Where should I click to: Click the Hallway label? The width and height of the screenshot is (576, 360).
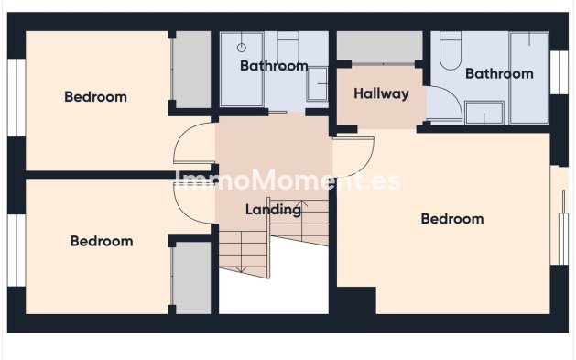381,93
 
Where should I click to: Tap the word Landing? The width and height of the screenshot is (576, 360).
273,210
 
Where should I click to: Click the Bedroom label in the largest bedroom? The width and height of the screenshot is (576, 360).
452,219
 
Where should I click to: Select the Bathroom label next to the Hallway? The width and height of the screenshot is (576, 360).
499,73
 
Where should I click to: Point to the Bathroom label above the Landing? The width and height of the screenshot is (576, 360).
274,66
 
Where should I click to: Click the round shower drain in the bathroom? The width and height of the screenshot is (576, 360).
242,48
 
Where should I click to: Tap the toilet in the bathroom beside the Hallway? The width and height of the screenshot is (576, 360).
451,50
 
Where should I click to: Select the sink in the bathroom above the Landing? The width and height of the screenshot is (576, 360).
317,83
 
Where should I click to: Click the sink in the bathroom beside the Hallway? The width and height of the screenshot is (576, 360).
484,113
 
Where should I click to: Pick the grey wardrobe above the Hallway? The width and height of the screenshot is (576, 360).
379,47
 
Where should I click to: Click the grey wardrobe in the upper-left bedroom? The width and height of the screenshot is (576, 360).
193,70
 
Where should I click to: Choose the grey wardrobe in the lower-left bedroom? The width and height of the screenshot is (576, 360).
193,278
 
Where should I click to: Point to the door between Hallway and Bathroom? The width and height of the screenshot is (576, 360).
444,104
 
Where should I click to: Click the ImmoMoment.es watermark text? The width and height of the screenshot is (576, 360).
287,180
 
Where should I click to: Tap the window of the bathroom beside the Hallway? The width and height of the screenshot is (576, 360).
559,72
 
